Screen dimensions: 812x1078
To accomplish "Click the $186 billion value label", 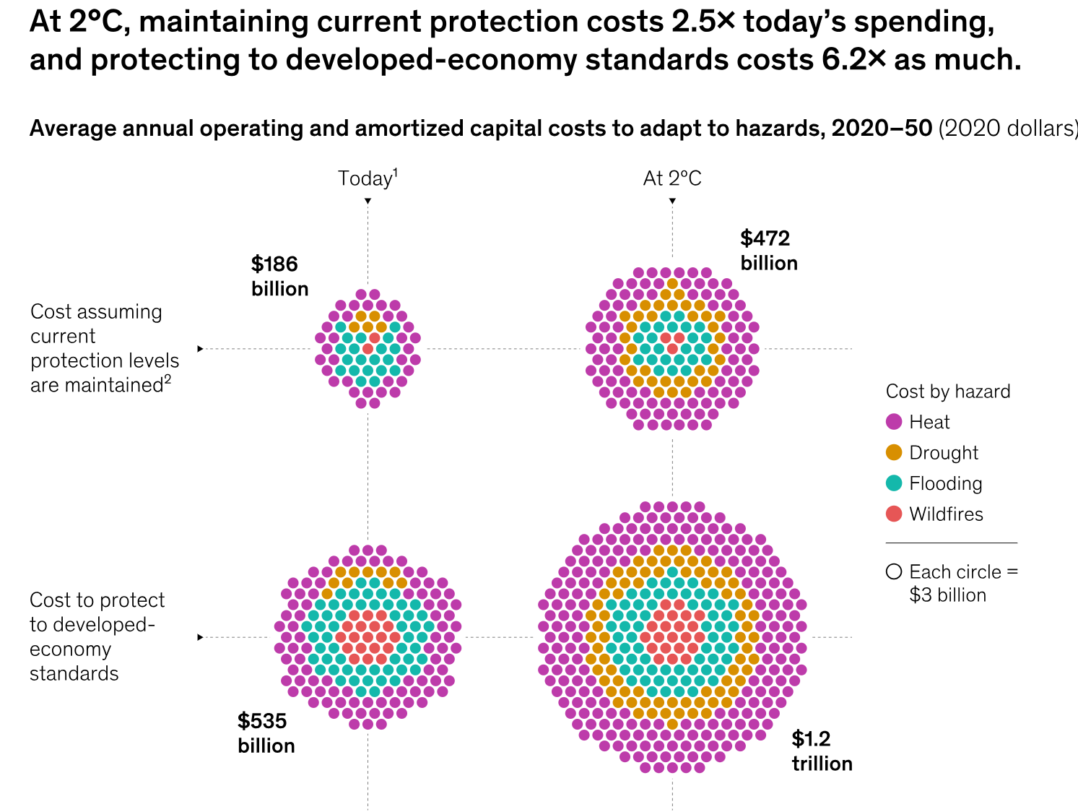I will click(279, 276).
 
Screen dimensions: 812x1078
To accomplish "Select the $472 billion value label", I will click(768, 250).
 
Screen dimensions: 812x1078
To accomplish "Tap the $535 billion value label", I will click(266, 733).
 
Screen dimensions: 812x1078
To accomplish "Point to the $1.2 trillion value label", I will click(822, 751).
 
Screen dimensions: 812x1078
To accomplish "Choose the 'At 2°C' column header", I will click(672, 178).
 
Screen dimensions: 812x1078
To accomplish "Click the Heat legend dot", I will click(894, 422).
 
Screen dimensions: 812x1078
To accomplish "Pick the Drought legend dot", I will click(894, 453).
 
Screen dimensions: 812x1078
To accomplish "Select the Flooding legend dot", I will click(894, 483).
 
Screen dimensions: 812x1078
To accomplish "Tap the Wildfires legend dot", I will click(894, 514).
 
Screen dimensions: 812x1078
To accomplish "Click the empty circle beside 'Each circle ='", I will click(894, 572).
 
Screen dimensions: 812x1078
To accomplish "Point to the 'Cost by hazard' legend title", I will click(947, 392).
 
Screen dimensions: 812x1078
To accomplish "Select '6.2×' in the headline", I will click(853, 60).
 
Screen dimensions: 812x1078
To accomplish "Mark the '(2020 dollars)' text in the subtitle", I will click(1008, 129).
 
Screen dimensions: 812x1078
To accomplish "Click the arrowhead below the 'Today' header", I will click(368, 201).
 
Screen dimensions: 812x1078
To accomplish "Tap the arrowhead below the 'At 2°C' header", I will click(672, 201).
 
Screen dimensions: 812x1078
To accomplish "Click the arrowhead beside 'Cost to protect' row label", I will click(200, 637).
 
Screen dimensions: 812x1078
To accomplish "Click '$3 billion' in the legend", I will click(947, 595).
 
